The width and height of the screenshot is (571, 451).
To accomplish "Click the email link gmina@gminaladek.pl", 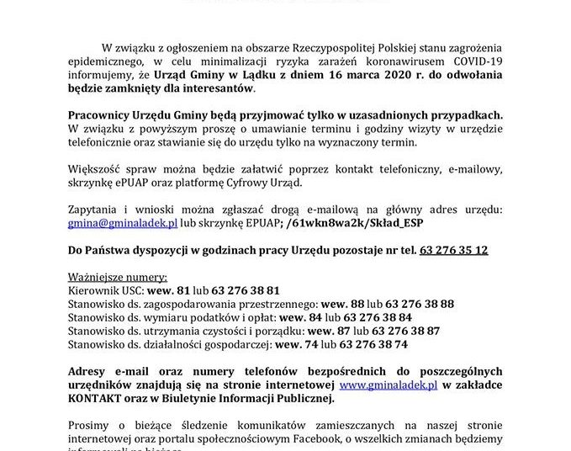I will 123,223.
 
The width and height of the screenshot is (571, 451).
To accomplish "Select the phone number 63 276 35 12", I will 453,251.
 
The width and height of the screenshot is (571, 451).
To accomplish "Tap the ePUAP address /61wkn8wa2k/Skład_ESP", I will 356,223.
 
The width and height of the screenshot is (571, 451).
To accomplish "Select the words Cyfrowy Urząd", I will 323,183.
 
